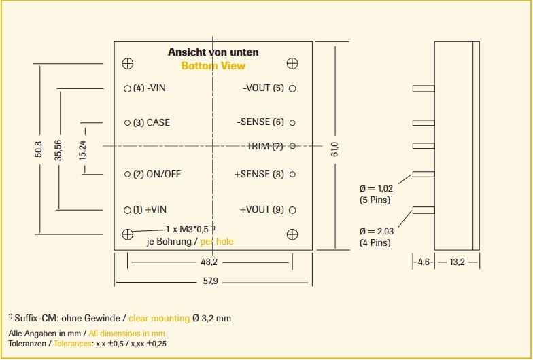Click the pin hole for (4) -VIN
[127, 89]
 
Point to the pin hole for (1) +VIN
[127, 210]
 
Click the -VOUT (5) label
[263, 88]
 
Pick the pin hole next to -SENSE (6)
[292, 123]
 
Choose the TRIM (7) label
[264, 146]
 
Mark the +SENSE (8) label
[259, 174]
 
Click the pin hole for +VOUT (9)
[292, 210]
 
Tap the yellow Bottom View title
[213, 66]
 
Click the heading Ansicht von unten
[213, 52]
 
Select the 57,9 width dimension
[209, 281]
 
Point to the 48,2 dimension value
[209, 262]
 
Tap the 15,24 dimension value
[83, 149]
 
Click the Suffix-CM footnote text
[123, 318]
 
